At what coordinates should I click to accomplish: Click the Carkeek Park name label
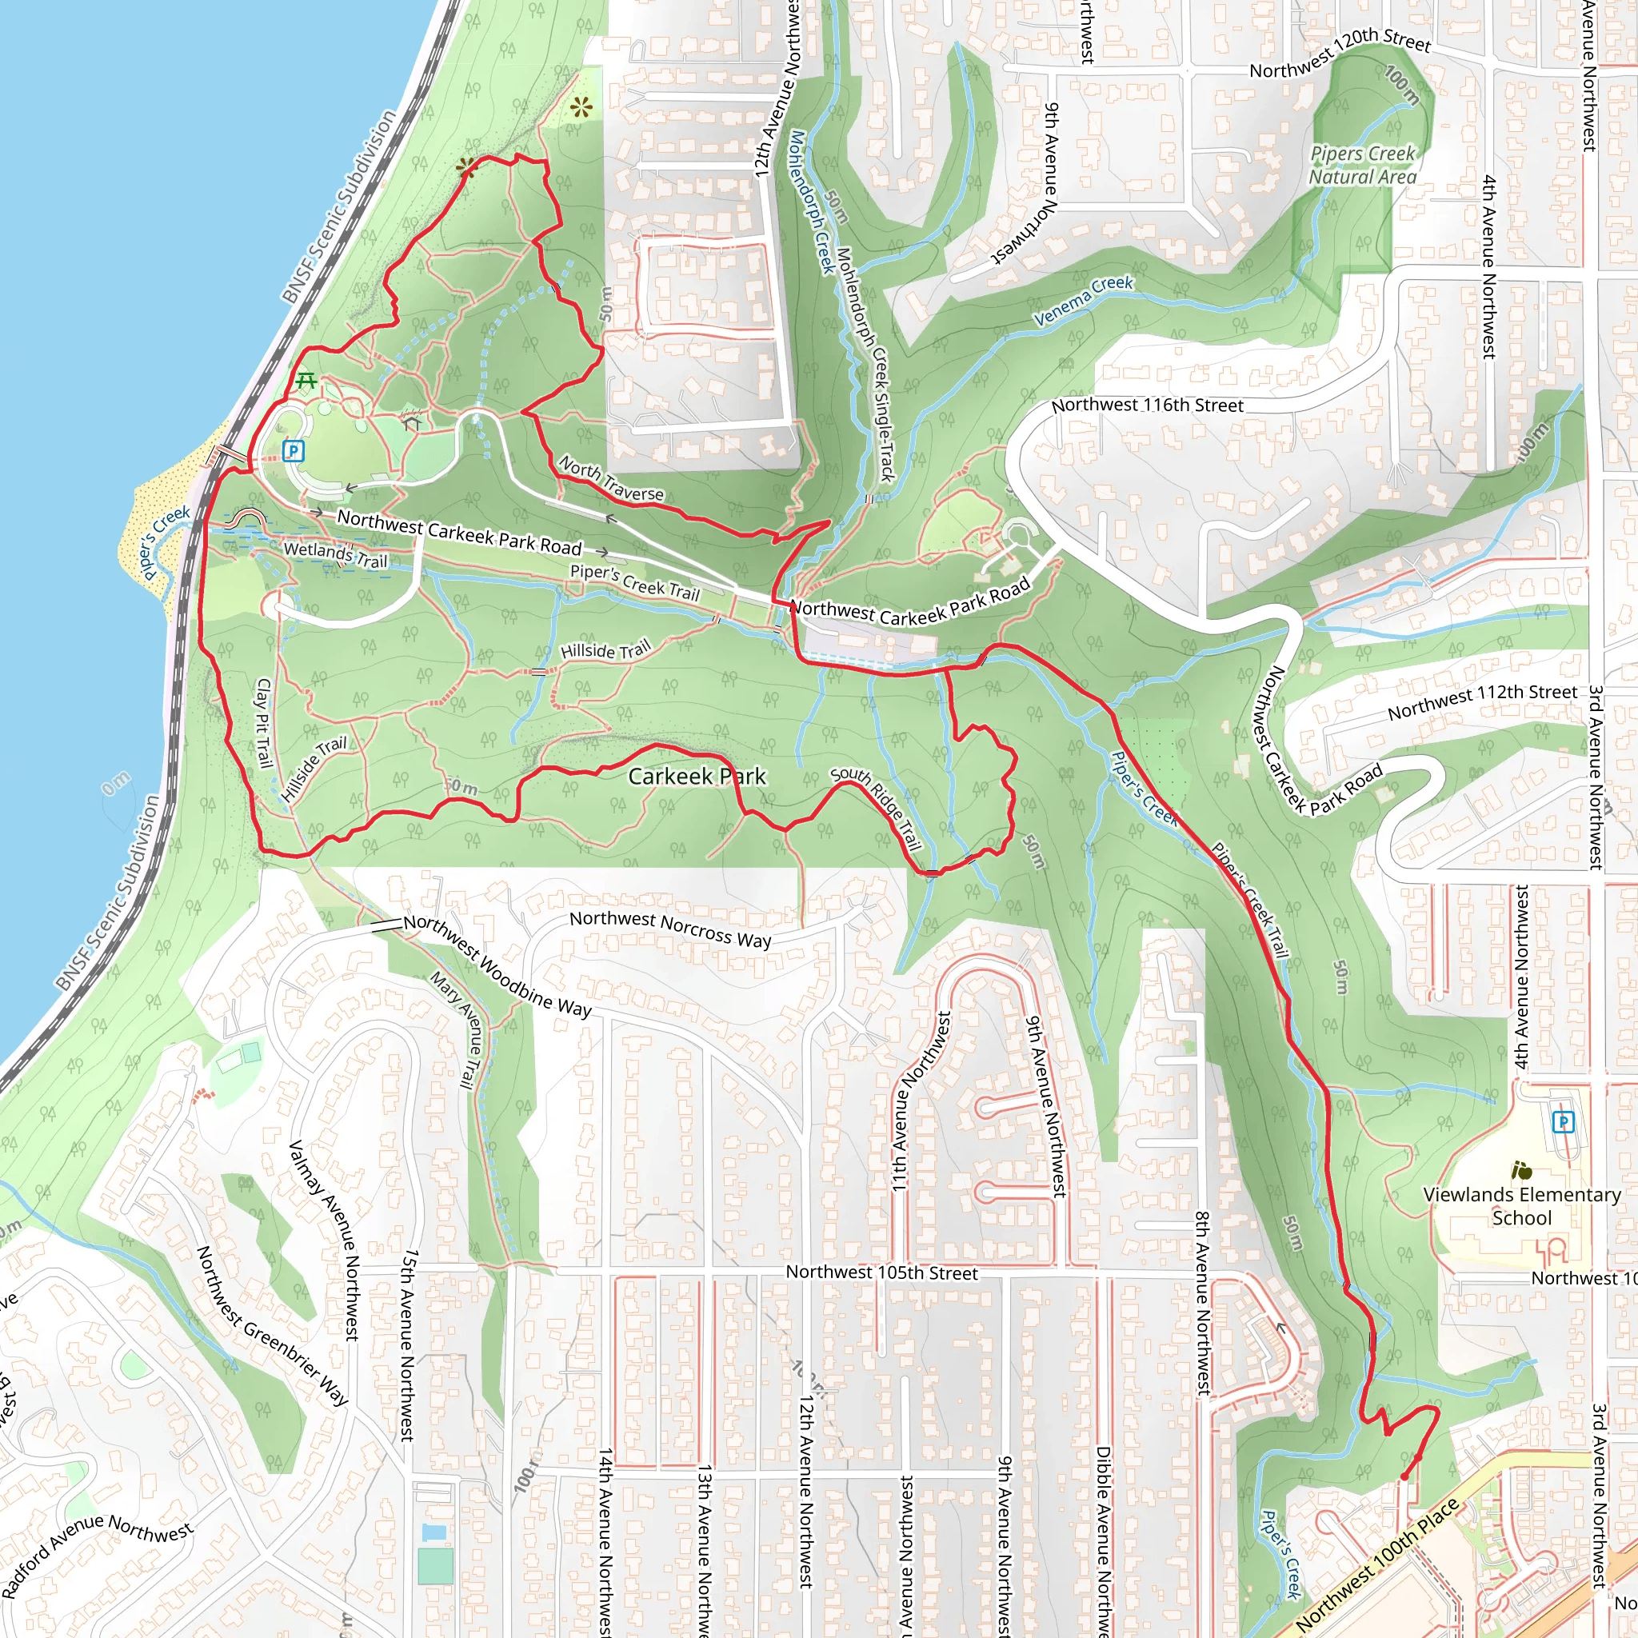point(696,776)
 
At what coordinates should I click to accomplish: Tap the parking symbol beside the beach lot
point(294,450)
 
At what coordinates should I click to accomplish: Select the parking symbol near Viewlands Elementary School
point(1563,1121)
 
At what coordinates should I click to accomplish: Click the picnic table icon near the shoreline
point(306,382)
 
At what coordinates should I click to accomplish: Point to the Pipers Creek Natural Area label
point(1362,166)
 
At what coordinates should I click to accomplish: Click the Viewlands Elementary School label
point(1522,1205)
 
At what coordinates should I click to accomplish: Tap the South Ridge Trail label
point(877,807)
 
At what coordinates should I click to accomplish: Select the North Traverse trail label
point(611,480)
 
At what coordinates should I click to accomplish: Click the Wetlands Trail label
point(335,554)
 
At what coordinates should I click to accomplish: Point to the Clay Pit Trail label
point(264,722)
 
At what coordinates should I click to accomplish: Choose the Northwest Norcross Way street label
point(669,929)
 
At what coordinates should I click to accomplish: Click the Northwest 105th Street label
point(881,1272)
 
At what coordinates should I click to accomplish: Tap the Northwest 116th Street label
point(1147,406)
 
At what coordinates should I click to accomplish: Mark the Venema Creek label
point(1084,300)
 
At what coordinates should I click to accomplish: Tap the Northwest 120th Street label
point(1340,54)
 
